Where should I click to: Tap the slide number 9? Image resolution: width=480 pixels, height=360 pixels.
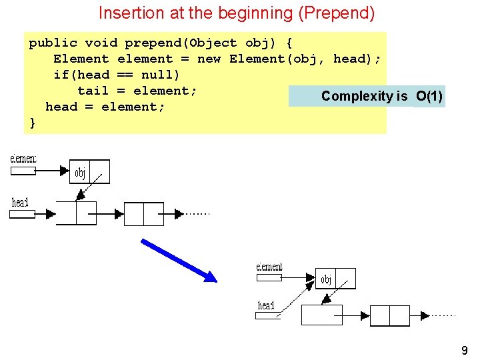464,350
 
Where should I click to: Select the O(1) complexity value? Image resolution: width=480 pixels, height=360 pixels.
429,96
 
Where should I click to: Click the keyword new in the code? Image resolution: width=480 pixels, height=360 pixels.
209,59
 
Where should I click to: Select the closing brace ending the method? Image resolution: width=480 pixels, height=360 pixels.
33,123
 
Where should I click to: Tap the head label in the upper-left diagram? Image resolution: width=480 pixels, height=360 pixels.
21,202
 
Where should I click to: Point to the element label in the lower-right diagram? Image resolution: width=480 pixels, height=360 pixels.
269,267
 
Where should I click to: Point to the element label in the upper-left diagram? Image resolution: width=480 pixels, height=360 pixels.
23,159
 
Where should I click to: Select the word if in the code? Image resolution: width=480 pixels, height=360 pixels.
61,75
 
